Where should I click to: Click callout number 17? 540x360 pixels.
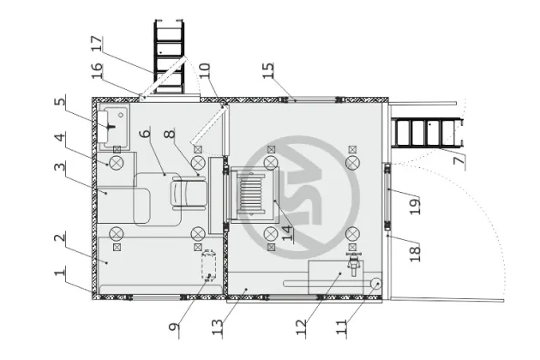coord(97,44)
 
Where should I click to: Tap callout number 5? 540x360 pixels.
coord(60,102)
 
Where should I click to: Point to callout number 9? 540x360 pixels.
coord(174,327)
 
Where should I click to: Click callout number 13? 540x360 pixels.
coord(218,327)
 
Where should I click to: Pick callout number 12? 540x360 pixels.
coord(301,327)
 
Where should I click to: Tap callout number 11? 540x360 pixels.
coord(341,327)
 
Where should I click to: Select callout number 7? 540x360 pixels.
coord(459,160)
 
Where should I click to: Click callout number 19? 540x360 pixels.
coord(415,207)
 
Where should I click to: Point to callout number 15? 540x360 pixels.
coord(268,70)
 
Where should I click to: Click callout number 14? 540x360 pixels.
coord(287,233)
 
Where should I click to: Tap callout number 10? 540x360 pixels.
coord(205,70)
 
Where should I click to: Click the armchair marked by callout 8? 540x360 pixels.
coord(189,193)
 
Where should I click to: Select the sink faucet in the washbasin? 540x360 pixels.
coord(111,126)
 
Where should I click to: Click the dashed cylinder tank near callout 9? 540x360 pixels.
coord(209,265)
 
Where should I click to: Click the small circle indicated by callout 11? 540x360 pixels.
coord(375,284)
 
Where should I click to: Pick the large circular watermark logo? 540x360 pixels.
coord(300,197)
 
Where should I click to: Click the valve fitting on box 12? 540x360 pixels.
coord(354,263)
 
